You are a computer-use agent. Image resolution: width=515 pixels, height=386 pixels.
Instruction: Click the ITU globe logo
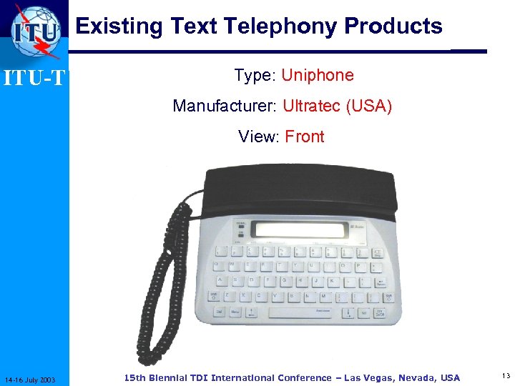pyautogui.click(x=36, y=31)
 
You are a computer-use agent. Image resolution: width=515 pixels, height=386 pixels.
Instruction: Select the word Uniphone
pyautogui.click(x=318, y=76)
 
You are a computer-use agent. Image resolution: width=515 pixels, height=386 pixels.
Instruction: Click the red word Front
pyautogui.click(x=305, y=137)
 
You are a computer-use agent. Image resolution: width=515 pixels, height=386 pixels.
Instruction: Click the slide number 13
pyautogui.click(x=506, y=377)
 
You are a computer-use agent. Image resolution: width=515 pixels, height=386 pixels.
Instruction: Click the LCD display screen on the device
pyautogui.click(x=301, y=229)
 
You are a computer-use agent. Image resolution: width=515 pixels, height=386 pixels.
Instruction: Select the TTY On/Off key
pyautogui.click(x=380, y=313)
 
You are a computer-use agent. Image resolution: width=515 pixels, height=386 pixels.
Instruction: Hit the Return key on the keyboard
pyautogui.click(x=380, y=282)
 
